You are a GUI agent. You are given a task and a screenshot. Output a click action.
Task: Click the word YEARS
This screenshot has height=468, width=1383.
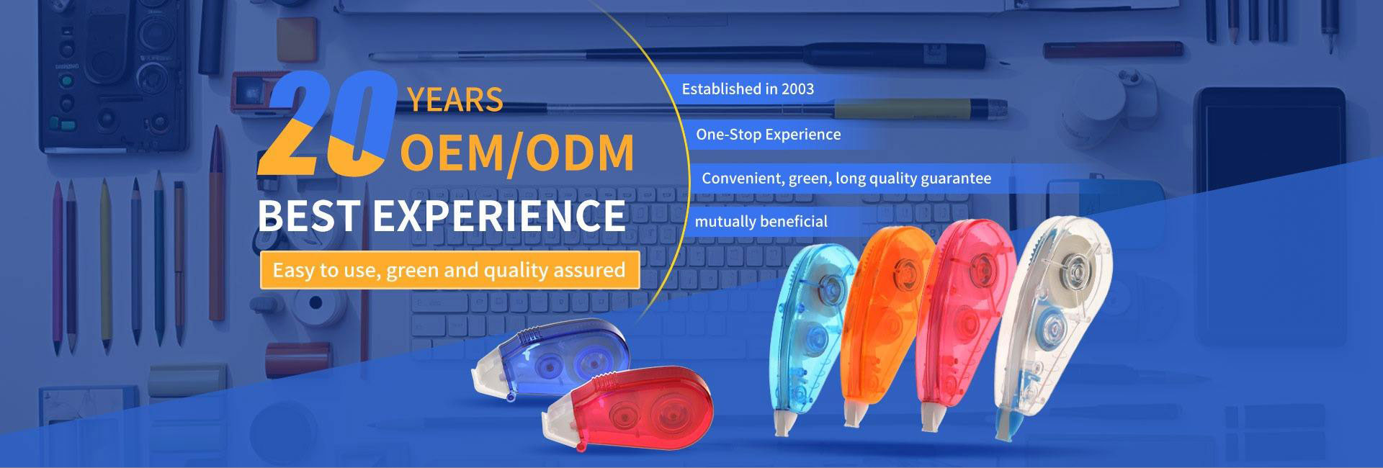[455, 100]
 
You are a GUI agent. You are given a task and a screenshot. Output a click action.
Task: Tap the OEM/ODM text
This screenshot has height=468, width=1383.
[517, 153]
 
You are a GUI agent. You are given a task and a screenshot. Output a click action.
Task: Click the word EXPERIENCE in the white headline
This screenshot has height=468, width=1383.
[498, 215]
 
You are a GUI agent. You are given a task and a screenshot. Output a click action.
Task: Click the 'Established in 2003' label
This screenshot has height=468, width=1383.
[748, 89]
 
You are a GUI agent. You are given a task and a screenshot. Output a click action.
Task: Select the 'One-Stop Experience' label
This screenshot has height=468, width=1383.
[768, 135]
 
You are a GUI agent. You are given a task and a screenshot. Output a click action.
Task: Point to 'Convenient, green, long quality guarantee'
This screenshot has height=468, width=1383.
[846, 179]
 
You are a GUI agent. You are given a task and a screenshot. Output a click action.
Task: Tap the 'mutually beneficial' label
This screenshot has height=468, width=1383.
[761, 222]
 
